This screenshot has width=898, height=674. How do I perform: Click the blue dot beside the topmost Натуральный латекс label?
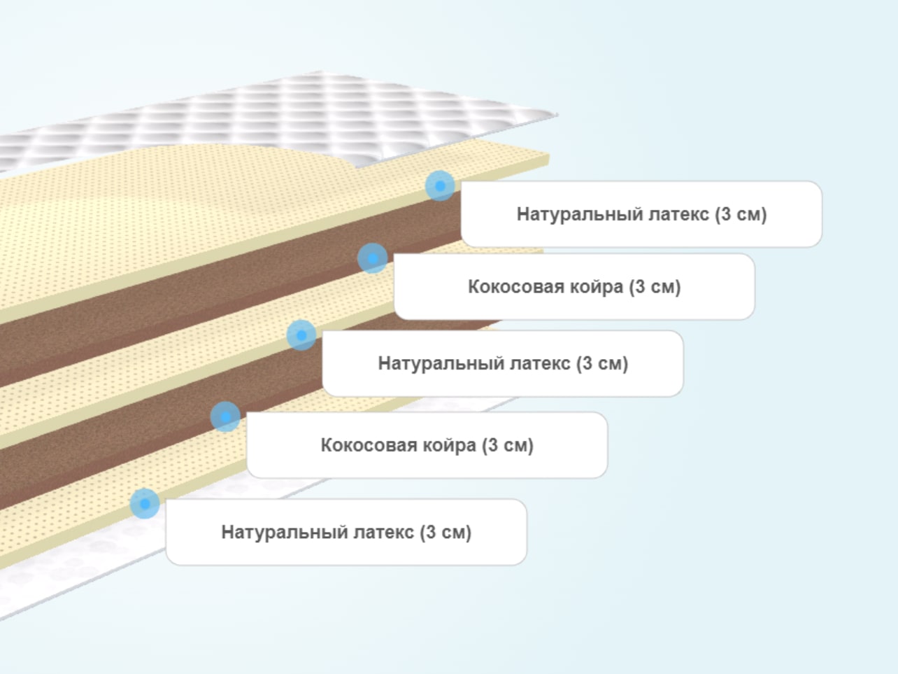coord(440,185)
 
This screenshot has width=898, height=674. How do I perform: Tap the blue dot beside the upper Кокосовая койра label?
coord(372,258)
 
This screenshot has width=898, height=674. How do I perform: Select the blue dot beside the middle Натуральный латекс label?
coord(301,335)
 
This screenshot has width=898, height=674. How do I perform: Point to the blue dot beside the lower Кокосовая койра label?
coord(225,416)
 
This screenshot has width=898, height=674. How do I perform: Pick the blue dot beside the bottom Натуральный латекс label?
coord(145,504)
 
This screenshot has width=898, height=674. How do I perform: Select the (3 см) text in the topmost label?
coord(741,214)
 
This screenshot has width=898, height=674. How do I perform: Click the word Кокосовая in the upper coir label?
coord(516,286)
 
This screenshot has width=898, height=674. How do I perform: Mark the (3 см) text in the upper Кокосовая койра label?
coord(655,286)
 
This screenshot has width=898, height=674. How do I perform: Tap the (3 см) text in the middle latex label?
coord(602,363)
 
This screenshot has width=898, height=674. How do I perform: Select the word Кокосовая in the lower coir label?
coord(369,445)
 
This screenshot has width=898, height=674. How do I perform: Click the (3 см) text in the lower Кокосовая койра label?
coord(508,445)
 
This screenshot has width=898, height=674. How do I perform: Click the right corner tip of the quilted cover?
coord(558,115)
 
